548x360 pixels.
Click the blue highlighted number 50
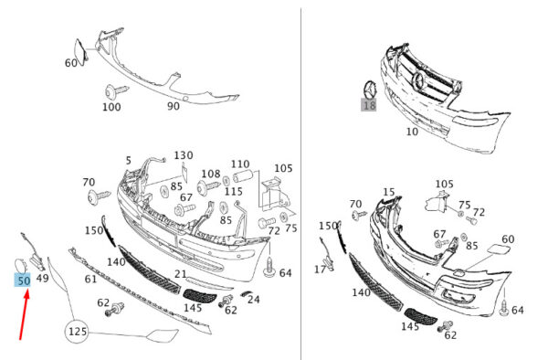[22, 281]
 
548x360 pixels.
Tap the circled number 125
[77, 331]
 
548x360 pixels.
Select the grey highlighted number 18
[369, 105]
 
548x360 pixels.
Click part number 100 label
[111, 107]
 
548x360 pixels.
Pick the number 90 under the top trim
[174, 106]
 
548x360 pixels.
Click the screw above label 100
[117, 91]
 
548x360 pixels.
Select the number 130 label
[184, 155]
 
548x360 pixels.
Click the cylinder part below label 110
[242, 176]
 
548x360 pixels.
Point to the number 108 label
[211, 174]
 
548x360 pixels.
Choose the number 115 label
[234, 192]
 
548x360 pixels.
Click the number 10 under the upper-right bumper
[412, 132]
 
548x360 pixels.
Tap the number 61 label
[90, 279]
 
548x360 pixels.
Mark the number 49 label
[43, 278]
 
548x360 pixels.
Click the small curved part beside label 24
[246, 293]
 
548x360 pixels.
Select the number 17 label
[321, 270]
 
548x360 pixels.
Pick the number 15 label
[389, 192]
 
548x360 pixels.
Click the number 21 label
[180, 274]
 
